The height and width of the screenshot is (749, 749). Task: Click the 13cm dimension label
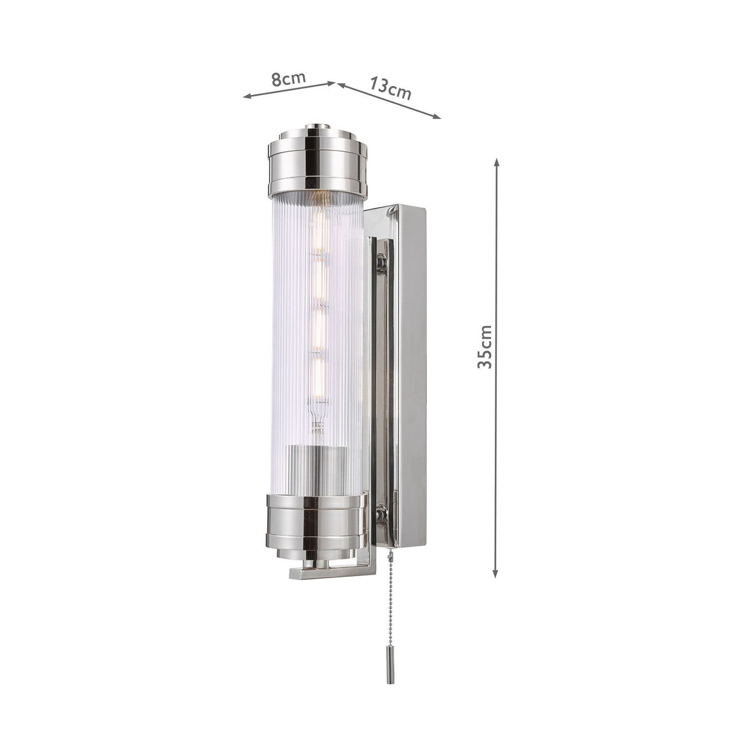point(391,87)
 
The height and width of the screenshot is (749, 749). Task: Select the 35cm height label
point(486,346)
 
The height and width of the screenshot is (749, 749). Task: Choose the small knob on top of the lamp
point(318,126)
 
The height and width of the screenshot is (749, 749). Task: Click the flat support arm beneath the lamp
point(330,573)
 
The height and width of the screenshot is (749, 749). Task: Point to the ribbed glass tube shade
point(290,339)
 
